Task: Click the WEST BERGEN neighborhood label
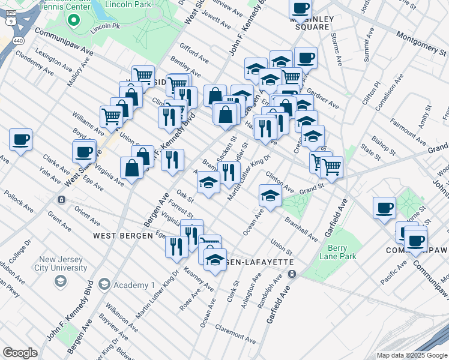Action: [123, 236]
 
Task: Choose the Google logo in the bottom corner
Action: [20, 353]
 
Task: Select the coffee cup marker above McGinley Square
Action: [300, 8]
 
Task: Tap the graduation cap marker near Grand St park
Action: [270, 195]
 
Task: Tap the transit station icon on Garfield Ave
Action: [292, 274]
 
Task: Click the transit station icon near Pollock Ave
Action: [61, 199]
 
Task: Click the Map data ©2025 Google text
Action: [412, 355]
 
